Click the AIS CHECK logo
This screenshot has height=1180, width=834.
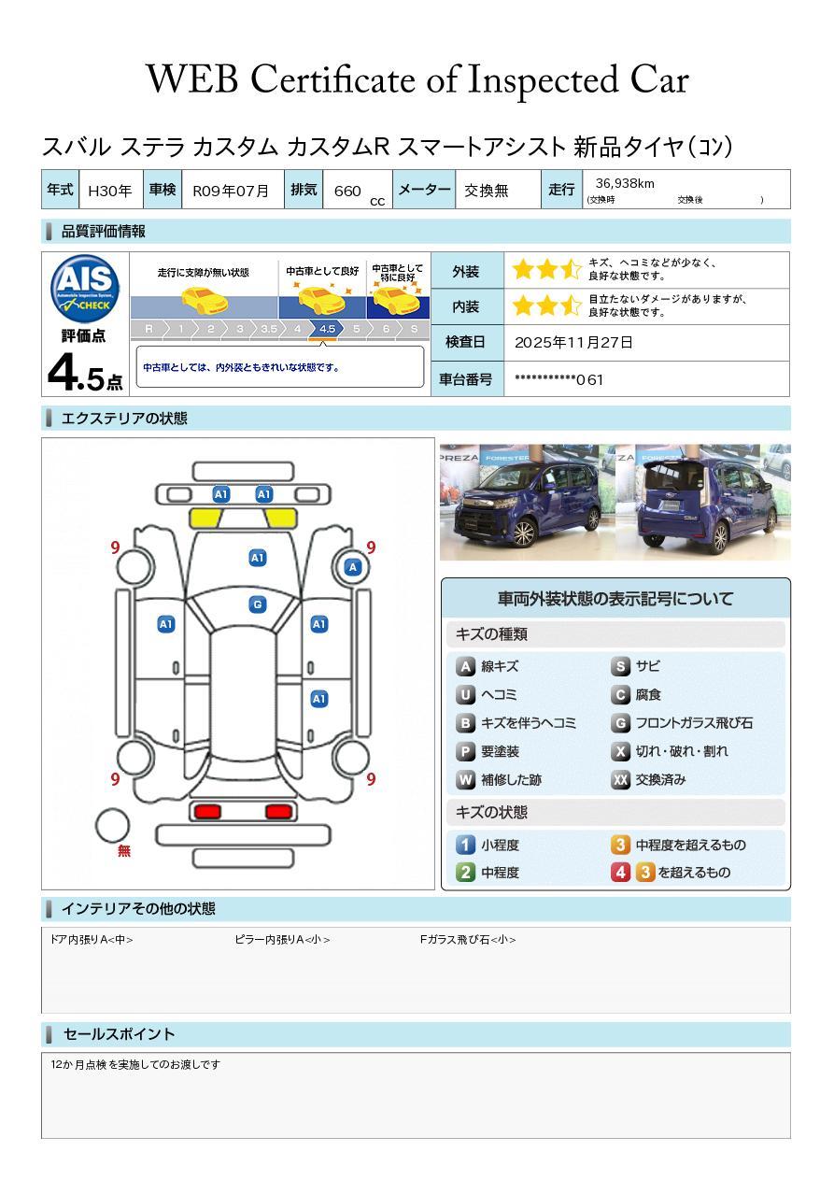click(x=85, y=289)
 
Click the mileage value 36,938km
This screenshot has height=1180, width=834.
click(x=625, y=183)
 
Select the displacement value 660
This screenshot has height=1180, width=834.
click(x=347, y=191)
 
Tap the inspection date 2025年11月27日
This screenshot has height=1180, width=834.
click(x=573, y=342)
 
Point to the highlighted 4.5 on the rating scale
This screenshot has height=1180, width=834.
click(x=327, y=329)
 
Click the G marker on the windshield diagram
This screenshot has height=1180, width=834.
click(x=257, y=604)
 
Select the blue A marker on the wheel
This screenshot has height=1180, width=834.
click(x=353, y=567)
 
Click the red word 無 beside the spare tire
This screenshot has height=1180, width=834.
click(x=123, y=850)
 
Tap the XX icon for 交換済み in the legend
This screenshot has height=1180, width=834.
click(x=620, y=779)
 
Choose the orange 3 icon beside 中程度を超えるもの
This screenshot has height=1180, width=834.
click(x=620, y=845)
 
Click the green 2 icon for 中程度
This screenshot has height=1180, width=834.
click(x=465, y=873)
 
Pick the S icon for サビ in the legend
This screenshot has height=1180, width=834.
click(x=620, y=666)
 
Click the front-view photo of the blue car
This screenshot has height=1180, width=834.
click(x=527, y=502)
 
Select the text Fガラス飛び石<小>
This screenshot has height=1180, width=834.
click(x=468, y=939)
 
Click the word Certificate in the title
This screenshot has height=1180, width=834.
click(x=332, y=79)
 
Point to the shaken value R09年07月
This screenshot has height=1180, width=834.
click(x=231, y=191)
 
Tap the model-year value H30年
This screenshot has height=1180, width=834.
click(x=110, y=191)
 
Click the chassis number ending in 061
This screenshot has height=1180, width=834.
click(x=558, y=379)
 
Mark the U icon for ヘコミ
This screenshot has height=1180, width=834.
click(x=465, y=695)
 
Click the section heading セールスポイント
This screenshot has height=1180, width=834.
click(x=119, y=1034)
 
